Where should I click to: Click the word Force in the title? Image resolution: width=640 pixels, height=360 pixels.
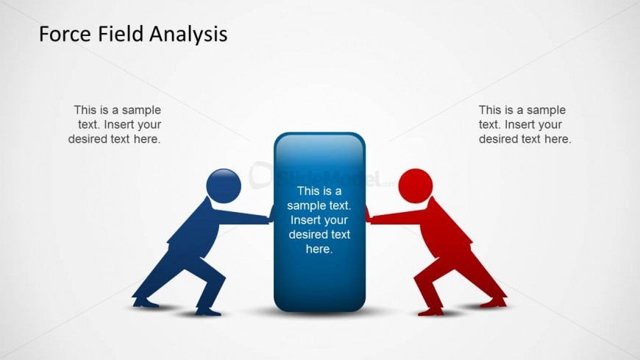[x=65, y=34]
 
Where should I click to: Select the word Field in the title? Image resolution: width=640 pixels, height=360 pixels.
[x=121, y=34]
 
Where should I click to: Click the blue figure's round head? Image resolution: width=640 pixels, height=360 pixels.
[x=224, y=186]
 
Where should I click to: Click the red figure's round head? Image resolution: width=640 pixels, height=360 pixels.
[x=416, y=186]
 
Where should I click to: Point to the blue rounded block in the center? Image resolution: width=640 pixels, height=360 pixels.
[x=319, y=222]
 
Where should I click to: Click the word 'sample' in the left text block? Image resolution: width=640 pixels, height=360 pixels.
[x=141, y=110]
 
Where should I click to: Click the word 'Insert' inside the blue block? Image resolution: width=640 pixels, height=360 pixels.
[x=304, y=220]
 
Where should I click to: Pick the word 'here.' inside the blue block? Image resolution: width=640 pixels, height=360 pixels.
[x=319, y=249]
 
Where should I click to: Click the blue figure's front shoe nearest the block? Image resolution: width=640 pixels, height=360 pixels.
[x=208, y=312]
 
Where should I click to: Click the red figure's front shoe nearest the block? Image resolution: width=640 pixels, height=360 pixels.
[x=430, y=312]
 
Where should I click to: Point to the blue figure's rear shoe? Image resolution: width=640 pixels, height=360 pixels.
[x=146, y=303]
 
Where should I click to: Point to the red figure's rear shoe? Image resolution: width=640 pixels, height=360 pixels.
[x=494, y=303]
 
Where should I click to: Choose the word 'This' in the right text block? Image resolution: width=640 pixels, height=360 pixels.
[x=490, y=110]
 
